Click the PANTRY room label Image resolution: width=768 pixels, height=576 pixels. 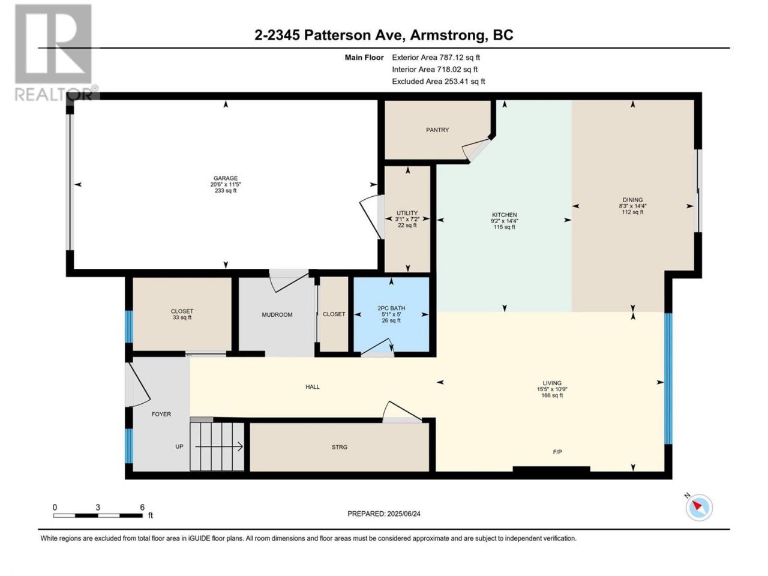[437, 130]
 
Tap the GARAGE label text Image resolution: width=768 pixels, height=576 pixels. [226, 178]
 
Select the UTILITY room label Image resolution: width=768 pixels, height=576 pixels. [407, 213]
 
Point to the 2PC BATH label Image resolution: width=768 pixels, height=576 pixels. [391, 308]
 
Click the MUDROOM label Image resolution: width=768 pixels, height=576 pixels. [277, 315]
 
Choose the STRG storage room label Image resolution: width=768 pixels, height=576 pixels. [340, 447]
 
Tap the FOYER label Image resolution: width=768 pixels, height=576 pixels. [161, 414]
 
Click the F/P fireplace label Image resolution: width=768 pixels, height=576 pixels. [557, 452]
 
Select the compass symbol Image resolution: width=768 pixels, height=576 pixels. [699, 508]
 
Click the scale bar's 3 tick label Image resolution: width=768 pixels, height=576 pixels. [98, 507]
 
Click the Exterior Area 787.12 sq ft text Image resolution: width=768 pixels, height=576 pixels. [436, 58]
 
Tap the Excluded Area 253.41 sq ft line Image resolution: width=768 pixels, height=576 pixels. [439, 82]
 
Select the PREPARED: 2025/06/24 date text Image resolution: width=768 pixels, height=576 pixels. [384, 514]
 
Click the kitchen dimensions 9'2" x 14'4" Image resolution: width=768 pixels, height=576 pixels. [504, 221]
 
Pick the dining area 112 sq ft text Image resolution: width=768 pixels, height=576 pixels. [632, 212]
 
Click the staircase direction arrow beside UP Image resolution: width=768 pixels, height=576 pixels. [219, 446]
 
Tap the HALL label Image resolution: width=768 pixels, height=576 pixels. [313, 387]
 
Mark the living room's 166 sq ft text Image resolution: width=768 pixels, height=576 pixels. [552, 395]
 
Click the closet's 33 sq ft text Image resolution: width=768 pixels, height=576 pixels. [182, 317]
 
